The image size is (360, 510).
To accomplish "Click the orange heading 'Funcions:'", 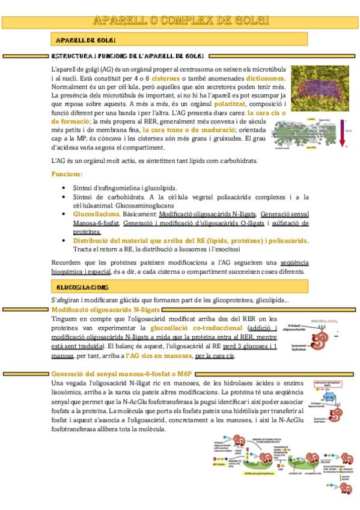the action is (x=67, y=174).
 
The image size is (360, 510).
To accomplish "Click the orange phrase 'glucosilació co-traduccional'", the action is (x=197, y=328).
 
